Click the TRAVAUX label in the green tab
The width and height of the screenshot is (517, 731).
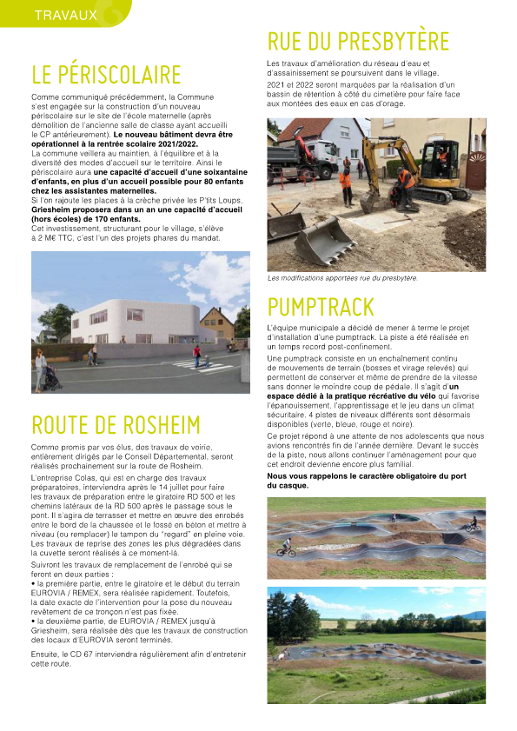65,15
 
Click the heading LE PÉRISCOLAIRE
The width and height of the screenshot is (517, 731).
106,75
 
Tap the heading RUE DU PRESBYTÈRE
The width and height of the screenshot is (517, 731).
358,41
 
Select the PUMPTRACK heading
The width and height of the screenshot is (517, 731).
321,307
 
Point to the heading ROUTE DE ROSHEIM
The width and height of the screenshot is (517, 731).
116,424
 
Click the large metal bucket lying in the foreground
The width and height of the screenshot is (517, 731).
324,239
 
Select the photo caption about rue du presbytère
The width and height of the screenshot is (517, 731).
342,278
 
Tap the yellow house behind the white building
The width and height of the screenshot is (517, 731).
216,324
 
